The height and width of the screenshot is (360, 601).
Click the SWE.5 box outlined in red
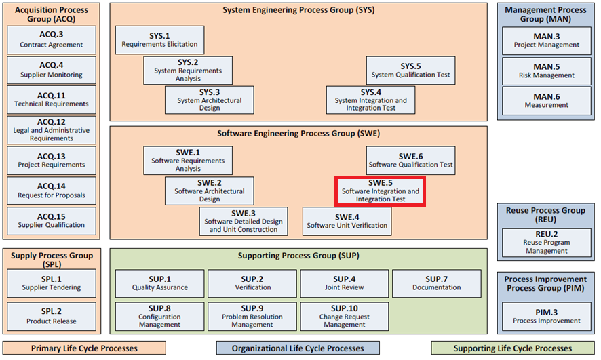[381, 191]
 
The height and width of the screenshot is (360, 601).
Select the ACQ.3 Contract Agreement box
[51, 40]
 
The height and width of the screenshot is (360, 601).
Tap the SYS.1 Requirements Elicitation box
[159, 40]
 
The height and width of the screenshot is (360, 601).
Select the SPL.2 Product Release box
[51, 317]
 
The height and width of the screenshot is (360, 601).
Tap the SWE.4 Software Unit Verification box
[347, 221]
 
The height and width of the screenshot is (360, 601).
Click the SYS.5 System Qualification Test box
[410, 71]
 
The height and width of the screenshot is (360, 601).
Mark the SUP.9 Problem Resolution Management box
[252, 317]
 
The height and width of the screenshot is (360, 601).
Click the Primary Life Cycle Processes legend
[84, 348]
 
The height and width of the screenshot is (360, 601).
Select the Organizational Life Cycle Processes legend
[298, 348]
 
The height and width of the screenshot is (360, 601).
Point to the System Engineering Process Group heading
[298, 11]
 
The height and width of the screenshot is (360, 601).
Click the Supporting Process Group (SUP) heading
[298, 256]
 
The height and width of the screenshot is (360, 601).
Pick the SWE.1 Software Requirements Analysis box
[188, 161]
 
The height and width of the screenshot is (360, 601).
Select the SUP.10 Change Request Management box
[345, 317]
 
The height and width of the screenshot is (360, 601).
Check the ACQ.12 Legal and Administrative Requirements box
[51, 129]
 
